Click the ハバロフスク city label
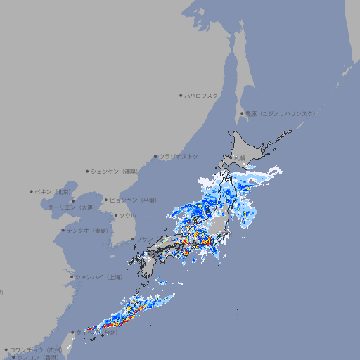tap(202, 95)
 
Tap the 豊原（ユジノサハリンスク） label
tap(280, 113)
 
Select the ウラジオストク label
tap(179, 156)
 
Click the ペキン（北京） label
tap(53, 191)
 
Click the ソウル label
tap(127, 215)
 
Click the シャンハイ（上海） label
tap(98, 276)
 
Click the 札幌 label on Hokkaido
tap(240, 157)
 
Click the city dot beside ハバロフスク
tap(181, 95)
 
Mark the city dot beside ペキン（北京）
tap(31, 191)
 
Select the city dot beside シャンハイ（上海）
tap(72, 276)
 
